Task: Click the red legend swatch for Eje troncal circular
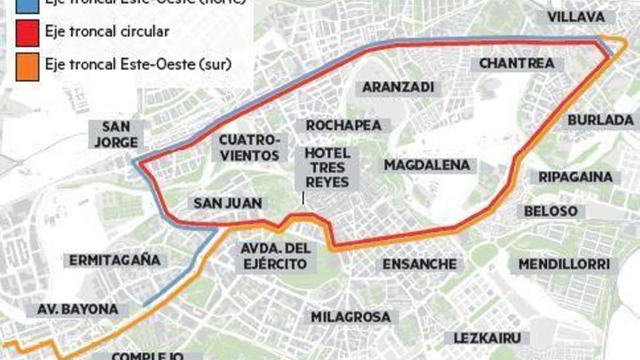tap(26, 33)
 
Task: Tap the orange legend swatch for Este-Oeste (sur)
tap(26, 65)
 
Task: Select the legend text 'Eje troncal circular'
tap(107, 32)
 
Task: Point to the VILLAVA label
tap(576, 17)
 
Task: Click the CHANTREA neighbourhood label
tap(516, 63)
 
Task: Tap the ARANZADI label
tap(398, 87)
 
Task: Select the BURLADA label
tap(601, 120)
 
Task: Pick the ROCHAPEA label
tap(343, 126)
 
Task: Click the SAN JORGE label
tap(116, 134)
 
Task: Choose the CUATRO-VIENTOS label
tap(249, 147)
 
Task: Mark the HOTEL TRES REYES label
tap(327, 168)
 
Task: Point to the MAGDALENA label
tap(427, 165)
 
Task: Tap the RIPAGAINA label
tap(575, 177)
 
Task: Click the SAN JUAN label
tap(228, 203)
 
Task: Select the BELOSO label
tap(551, 211)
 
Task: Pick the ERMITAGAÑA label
tap(115, 260)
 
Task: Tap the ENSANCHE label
tap(420, 264)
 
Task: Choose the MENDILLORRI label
tap(564, 264)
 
